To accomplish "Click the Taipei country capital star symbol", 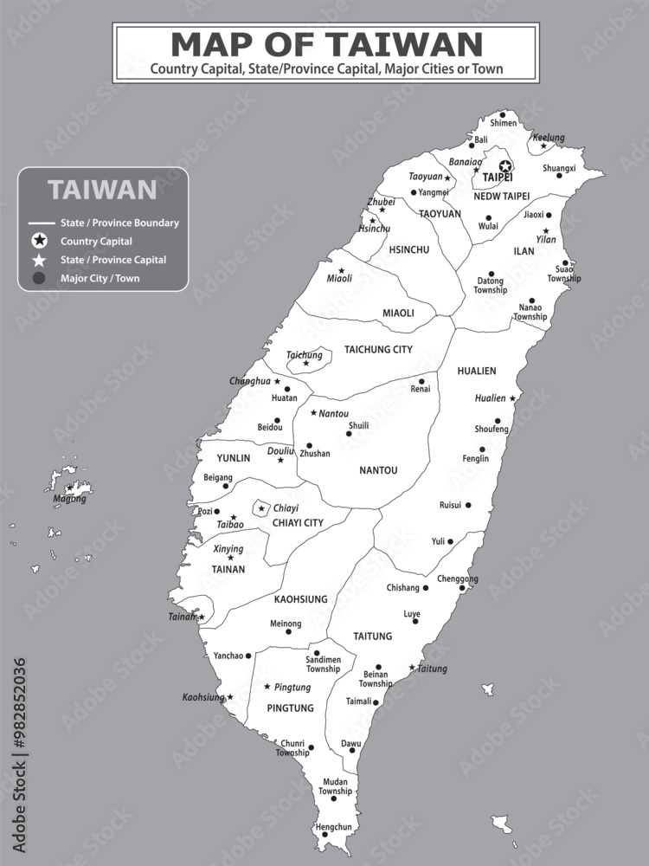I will tap(505, 165).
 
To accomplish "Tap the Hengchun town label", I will tap(333, 827).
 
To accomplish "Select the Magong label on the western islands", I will tap(69, 499).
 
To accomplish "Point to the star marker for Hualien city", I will tap(512, 398).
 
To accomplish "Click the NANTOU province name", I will tap(378, 470).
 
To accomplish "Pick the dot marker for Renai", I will tap(422, 381).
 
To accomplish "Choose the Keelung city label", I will tap(549, 138).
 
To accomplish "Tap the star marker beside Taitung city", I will tap(412, 668).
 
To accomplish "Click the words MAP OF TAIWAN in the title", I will tap(326, 44).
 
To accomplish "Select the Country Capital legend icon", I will tap(39, 241).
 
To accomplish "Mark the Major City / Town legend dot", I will tap(39, 278).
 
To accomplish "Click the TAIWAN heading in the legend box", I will tap(102, 190).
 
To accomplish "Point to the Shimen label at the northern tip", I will tap(503, 123).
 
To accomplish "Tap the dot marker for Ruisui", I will tap(468, 505).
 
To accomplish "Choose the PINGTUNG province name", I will tap(290, 708).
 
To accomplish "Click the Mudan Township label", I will tap(335, 786).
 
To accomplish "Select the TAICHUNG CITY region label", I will tap(378, 350).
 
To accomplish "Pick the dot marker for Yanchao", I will tap(248, 656).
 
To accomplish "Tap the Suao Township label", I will tap(563, 274).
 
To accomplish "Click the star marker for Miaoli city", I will tap(341, 271).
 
